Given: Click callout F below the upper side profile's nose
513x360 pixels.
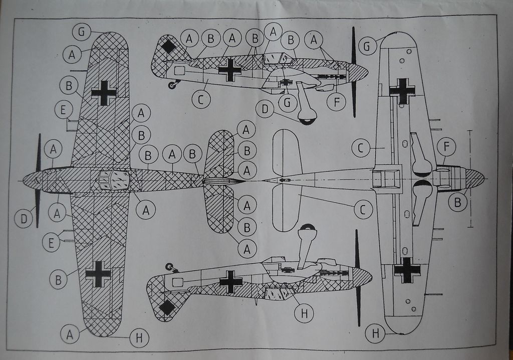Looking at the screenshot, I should [x=336, y=102].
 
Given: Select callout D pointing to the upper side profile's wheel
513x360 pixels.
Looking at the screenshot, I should [x=265, y=108].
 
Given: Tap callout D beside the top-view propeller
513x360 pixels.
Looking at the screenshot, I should [x=23, y=219].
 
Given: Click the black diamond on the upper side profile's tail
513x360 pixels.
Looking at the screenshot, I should [x=169, y=47].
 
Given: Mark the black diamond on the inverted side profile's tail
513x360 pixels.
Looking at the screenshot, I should [x=167, y=307].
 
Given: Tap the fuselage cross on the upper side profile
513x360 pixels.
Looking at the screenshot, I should [x=230, y=70].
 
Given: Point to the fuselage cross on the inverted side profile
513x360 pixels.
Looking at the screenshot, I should [x=231, y=282].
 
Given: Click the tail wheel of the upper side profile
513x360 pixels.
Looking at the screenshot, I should [x=172, y=85].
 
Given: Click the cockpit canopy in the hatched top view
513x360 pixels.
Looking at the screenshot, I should [x=113, y=179].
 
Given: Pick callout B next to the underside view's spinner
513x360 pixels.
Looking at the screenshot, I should [x=457, y=203].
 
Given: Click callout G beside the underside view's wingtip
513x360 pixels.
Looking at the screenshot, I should [x=367, y=47].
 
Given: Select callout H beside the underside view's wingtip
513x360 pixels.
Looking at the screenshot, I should [x=375, y=333].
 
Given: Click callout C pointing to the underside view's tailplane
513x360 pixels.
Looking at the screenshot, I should [x=363, y=209].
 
